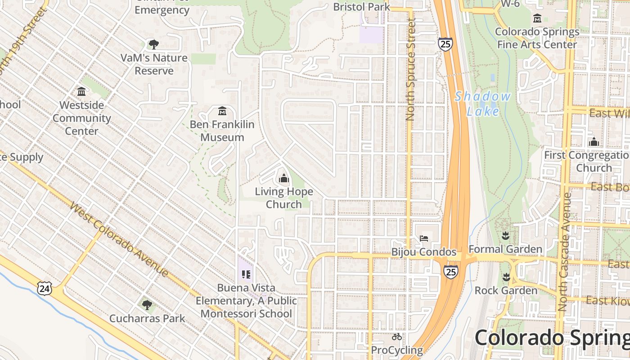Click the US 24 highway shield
[45, 288]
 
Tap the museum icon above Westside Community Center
[81, 92]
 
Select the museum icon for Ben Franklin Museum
[222, 111]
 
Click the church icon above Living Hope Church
[283, 179]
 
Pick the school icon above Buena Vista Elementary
[246, 274]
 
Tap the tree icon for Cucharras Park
[147, 305]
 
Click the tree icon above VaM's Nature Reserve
[154, 44]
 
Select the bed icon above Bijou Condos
[423, 238]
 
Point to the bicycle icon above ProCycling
[396, 337]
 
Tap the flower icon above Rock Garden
[506, 277]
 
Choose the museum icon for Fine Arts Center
[537, 18]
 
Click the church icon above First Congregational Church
[594, 142]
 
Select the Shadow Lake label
[482, 104]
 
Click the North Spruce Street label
[410, 70]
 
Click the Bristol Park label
[361, 7]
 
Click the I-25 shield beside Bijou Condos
[450, 271]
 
